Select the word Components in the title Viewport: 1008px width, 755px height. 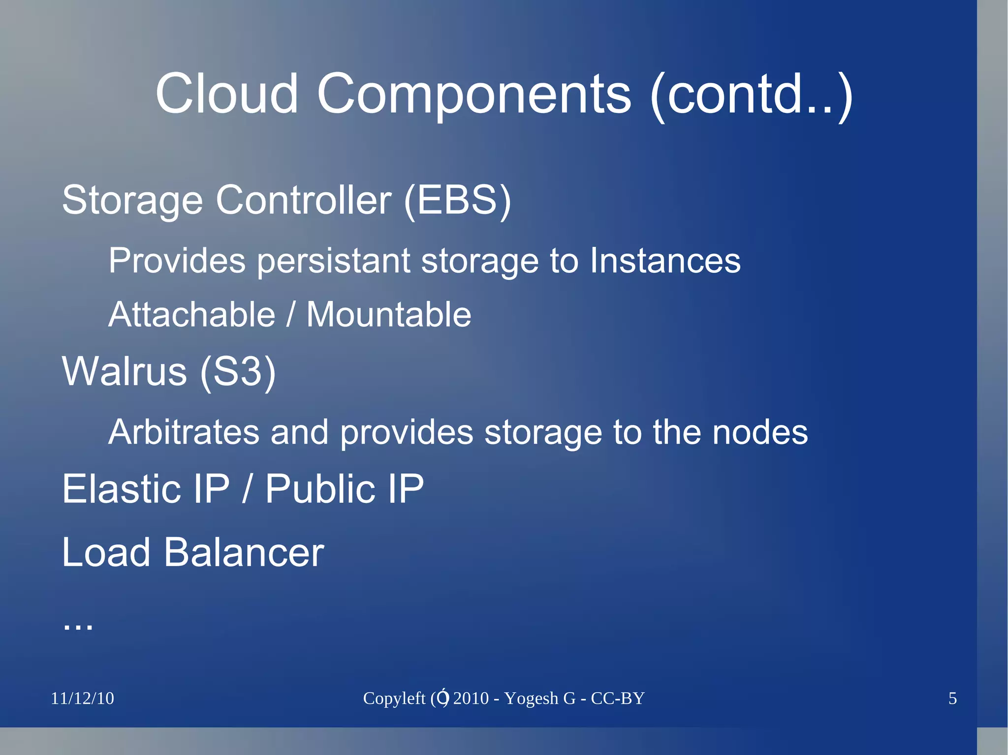[473, 94]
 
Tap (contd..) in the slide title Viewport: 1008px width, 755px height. [751, 94]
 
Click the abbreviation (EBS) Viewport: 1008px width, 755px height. [457, 200]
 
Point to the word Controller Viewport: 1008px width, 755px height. [304, 200]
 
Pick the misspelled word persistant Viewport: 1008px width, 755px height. [334, 261]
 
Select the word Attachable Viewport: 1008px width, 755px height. [191, 315]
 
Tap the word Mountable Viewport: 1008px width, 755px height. [389, 315]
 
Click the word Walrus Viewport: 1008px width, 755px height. [125, 371]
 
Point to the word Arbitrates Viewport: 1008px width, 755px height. [184, 432]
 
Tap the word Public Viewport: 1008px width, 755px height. [320, 489]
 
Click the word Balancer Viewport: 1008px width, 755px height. [244, 552]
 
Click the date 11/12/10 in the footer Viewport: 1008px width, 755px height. [82, 698]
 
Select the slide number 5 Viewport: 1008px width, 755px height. [952, 698]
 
